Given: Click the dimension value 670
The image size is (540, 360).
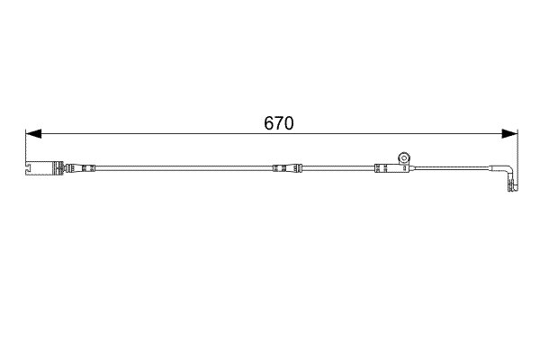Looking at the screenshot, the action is (279, 123).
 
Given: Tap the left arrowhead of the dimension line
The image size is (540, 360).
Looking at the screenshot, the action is (33, 134).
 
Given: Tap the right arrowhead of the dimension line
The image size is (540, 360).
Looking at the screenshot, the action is (509, 134).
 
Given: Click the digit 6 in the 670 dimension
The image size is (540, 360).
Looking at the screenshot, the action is (269, 123).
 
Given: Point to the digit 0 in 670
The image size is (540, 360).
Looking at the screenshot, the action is (289, 123).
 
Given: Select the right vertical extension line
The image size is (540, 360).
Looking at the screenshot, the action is (517, 159).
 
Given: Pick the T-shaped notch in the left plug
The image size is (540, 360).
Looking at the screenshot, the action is (29, 168).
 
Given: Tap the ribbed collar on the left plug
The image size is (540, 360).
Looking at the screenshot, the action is (58, 168).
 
